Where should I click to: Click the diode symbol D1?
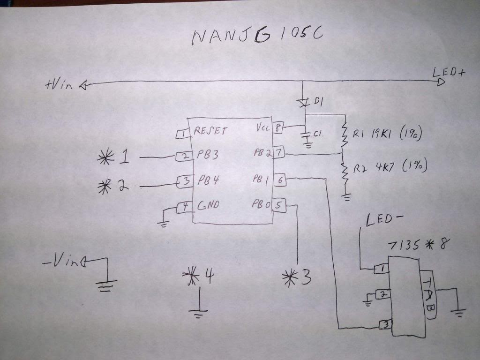304,101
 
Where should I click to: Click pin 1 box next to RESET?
182,134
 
